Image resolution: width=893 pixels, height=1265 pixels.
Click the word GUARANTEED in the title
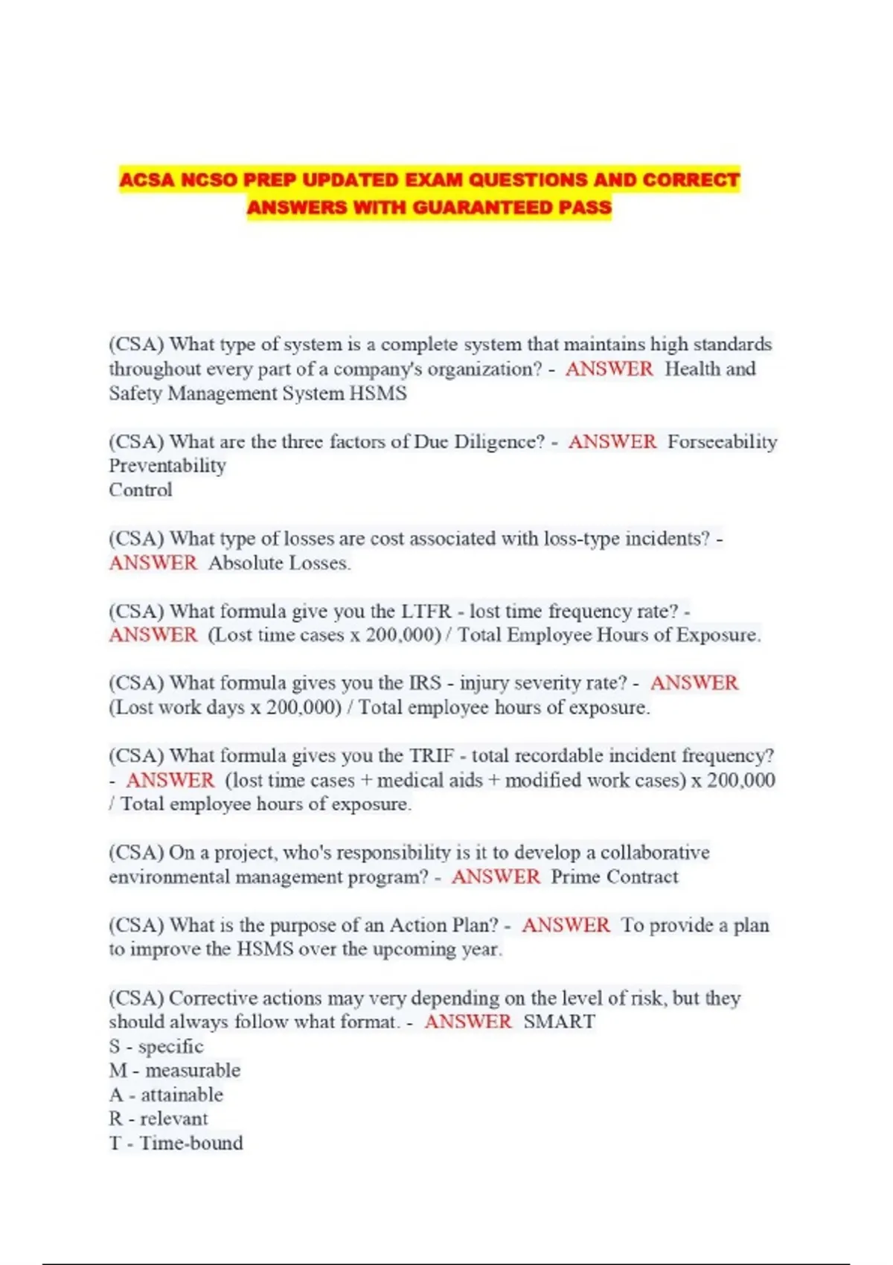click(x=481, y=207)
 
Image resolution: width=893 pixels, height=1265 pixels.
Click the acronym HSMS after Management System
click(x=378, y=393)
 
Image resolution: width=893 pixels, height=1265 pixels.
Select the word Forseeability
click(x=722, y=441)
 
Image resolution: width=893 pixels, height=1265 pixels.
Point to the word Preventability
click(x=167, y=466)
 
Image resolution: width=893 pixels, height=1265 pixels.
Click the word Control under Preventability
click(x=141, y=490)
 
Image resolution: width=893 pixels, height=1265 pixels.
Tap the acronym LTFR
click(x=426, y=611)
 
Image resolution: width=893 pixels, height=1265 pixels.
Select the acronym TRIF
click(x=432, y=755)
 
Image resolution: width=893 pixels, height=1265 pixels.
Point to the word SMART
click(x=559, y=1022)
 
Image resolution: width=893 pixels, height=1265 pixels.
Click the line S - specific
click(x=156, y=1046)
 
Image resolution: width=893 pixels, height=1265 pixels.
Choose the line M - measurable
click(x=175, y=1070)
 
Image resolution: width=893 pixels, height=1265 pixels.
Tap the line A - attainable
click(x=166, y=1095)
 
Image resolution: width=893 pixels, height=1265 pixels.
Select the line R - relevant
click(x=159, y=1118)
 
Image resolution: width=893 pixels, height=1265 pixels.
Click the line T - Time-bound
click(x=176, y=1143)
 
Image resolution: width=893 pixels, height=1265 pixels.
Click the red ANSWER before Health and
click(x=609, y=369)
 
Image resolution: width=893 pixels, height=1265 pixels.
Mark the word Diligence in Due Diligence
click(x=499, y=441)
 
